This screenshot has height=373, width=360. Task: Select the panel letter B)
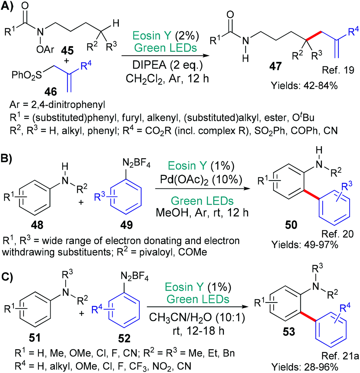pyautogui.click(x=8, y=155)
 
